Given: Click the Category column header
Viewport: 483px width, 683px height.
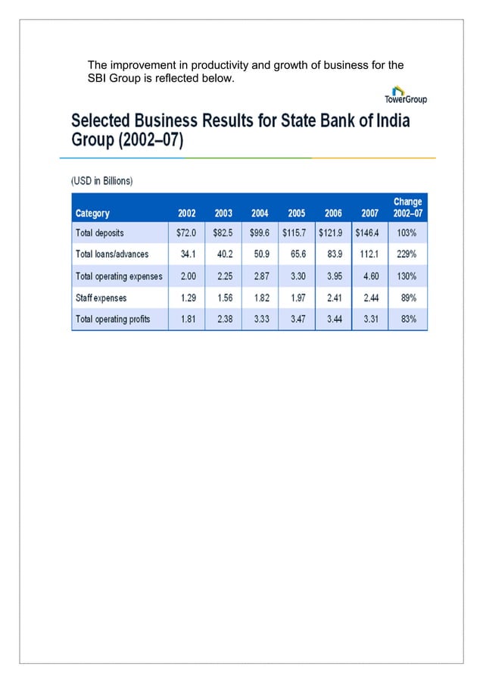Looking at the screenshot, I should point(92,214).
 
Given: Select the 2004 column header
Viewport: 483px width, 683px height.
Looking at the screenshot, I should point(259,214).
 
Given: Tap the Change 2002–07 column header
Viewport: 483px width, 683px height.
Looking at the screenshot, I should point(408,207).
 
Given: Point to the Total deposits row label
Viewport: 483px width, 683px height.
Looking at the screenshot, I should point(99,232).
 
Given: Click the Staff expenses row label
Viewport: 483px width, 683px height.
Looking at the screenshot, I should point(101,298).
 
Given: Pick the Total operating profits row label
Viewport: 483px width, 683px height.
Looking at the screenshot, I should point(112,320).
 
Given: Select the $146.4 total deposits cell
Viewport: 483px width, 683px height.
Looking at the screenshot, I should point(369,232).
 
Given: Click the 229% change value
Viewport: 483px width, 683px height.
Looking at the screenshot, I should point(408,254).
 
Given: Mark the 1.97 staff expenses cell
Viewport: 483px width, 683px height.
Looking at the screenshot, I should point(297,298).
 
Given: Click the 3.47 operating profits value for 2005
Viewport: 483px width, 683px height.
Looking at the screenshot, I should point(297,320).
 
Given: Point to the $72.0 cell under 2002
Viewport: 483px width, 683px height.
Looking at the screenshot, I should point(187,232).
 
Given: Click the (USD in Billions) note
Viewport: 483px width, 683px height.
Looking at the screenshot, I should point(102,181).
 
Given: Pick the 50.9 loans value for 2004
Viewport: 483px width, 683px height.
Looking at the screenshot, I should point(260,254).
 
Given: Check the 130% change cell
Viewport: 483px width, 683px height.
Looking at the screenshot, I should point(408,276).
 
